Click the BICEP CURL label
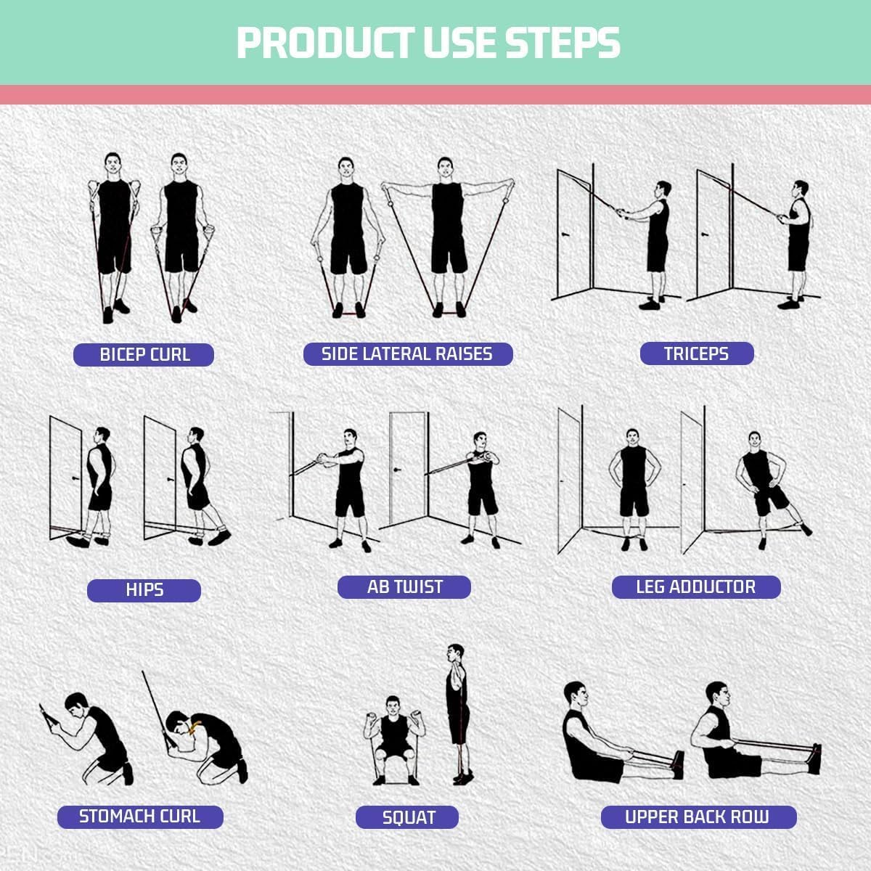144,355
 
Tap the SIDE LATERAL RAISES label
407,353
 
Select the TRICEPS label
696,353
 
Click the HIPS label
144,589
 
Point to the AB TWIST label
404,586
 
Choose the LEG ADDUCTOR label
695,586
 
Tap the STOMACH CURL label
139,816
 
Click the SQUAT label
408,817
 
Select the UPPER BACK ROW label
697,817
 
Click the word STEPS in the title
563,44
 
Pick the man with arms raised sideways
447,232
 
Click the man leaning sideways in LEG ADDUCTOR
762,486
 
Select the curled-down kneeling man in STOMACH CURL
207,748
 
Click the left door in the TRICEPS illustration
574,232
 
